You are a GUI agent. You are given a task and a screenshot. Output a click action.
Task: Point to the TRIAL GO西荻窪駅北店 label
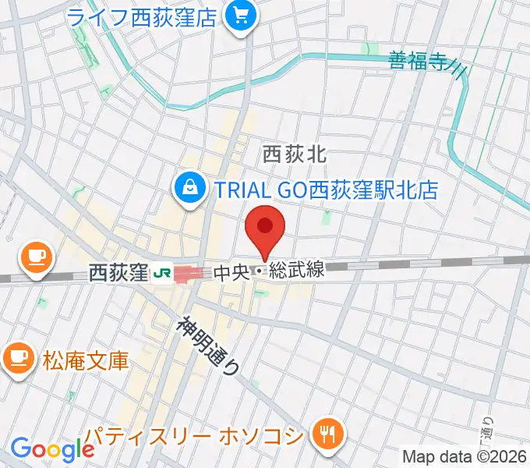(326, 189)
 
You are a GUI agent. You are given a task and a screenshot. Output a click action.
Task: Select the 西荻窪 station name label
(118, 272)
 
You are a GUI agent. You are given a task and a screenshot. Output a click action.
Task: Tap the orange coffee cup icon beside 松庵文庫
(16, 358)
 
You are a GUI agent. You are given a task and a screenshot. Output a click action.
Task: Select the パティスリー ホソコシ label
(193, 434)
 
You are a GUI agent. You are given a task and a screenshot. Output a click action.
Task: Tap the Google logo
(51, 449)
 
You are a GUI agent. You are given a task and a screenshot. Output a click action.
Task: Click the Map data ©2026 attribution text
(463, 456)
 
